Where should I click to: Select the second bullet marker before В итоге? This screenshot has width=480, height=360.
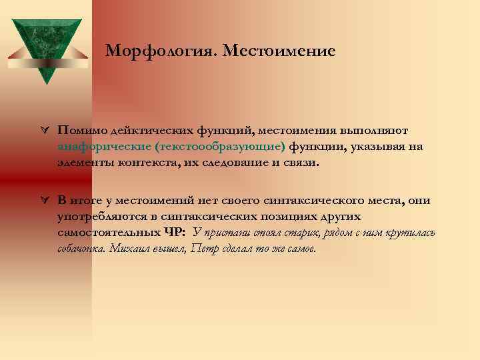(43, 200)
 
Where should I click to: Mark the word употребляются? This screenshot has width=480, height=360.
(97, 217)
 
